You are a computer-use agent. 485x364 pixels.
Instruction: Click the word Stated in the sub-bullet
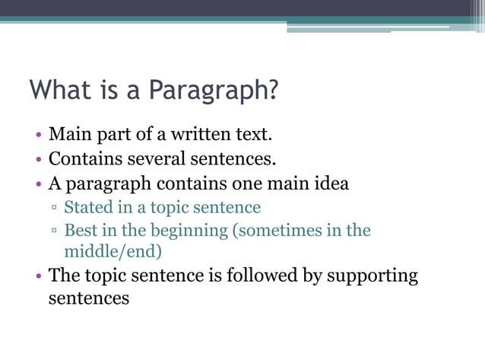point(87,207)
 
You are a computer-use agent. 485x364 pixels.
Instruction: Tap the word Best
point(79,230)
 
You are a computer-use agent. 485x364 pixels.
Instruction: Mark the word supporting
point(372,276)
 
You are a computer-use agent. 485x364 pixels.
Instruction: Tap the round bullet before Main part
point(38,137)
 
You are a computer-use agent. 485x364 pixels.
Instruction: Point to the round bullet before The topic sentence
point(38,276)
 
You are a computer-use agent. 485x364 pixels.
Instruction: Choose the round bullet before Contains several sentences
point(38,161)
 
